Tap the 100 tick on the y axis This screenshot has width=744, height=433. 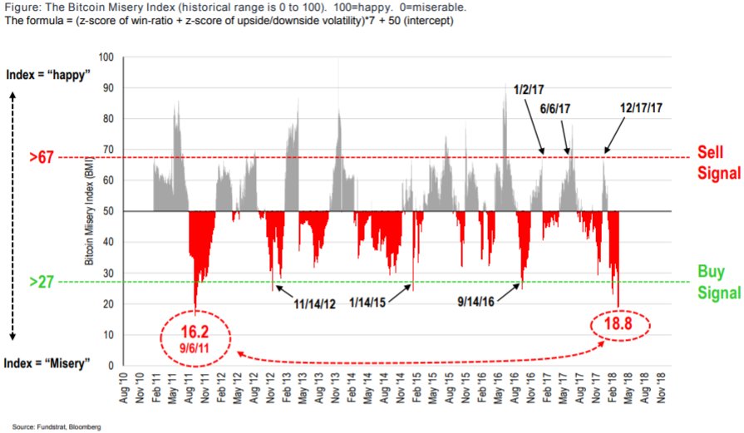(106, 57)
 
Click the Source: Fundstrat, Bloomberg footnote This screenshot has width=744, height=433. (57, 426)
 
